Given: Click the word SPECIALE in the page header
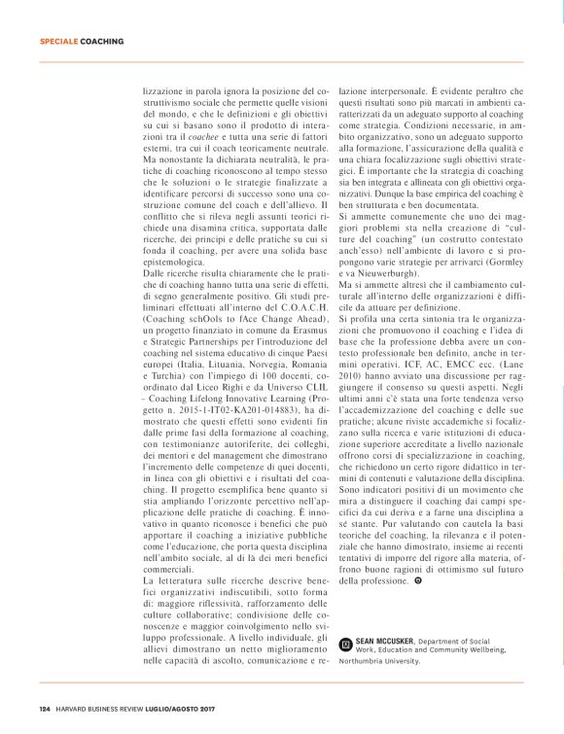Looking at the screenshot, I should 57,43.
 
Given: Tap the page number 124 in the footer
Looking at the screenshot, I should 45,707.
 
